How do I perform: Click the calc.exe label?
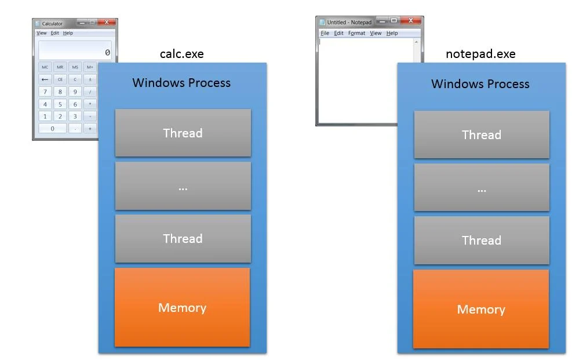[x=181, y=54]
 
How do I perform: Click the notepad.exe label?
[x=480, y=54]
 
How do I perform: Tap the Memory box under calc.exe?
[x=182, y=307]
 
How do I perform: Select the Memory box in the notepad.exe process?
[x=480, y=309]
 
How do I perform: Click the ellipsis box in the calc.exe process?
[x=183, y=186]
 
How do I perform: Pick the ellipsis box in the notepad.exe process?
[x=481, y=187]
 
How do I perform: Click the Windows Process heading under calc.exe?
[x=181, y=82]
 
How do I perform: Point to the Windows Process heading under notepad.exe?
[x=480, y=84]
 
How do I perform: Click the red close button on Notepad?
[x=411, y=21]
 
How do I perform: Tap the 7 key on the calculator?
[x=45, y=92]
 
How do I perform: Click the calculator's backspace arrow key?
[x=45, y=79]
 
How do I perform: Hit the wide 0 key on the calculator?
[x=53, y=129]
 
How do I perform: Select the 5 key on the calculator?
[x=60, y=104]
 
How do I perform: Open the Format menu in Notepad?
[x=356, y=33]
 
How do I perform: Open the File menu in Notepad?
[x=325, y=33]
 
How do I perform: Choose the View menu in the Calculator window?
[x=42, y=33]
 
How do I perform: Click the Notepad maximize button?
[x=394, y=21]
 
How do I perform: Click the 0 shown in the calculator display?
[x=107, y=53]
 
